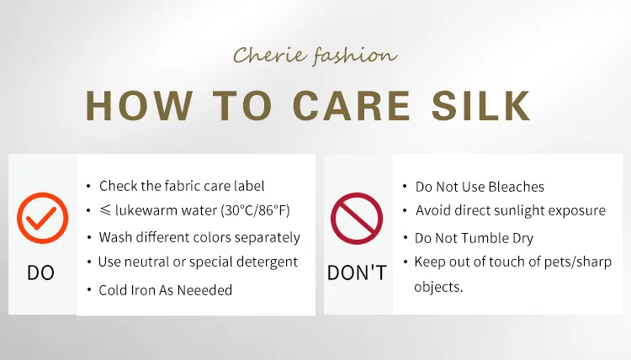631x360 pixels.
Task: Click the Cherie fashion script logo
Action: [x=315, y=56]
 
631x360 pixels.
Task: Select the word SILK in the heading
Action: [x=481, y=105]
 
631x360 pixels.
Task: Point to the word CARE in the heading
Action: [x=352, y=105]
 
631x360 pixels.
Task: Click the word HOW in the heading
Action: [x=139, y=105]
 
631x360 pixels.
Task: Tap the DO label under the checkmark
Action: [x=40, y=273]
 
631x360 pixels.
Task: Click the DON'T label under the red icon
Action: [x=357, y=273]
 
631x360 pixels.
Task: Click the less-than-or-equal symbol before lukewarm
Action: [x=105, y=209]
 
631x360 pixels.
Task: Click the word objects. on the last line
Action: [x=438, y=287]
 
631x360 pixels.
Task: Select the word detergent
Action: [x=267, y=262]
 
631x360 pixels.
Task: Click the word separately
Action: [x=268, y=238]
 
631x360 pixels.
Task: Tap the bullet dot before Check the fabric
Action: [x=88, y=186]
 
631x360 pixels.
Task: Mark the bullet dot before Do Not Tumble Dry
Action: [x=406, y=238]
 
